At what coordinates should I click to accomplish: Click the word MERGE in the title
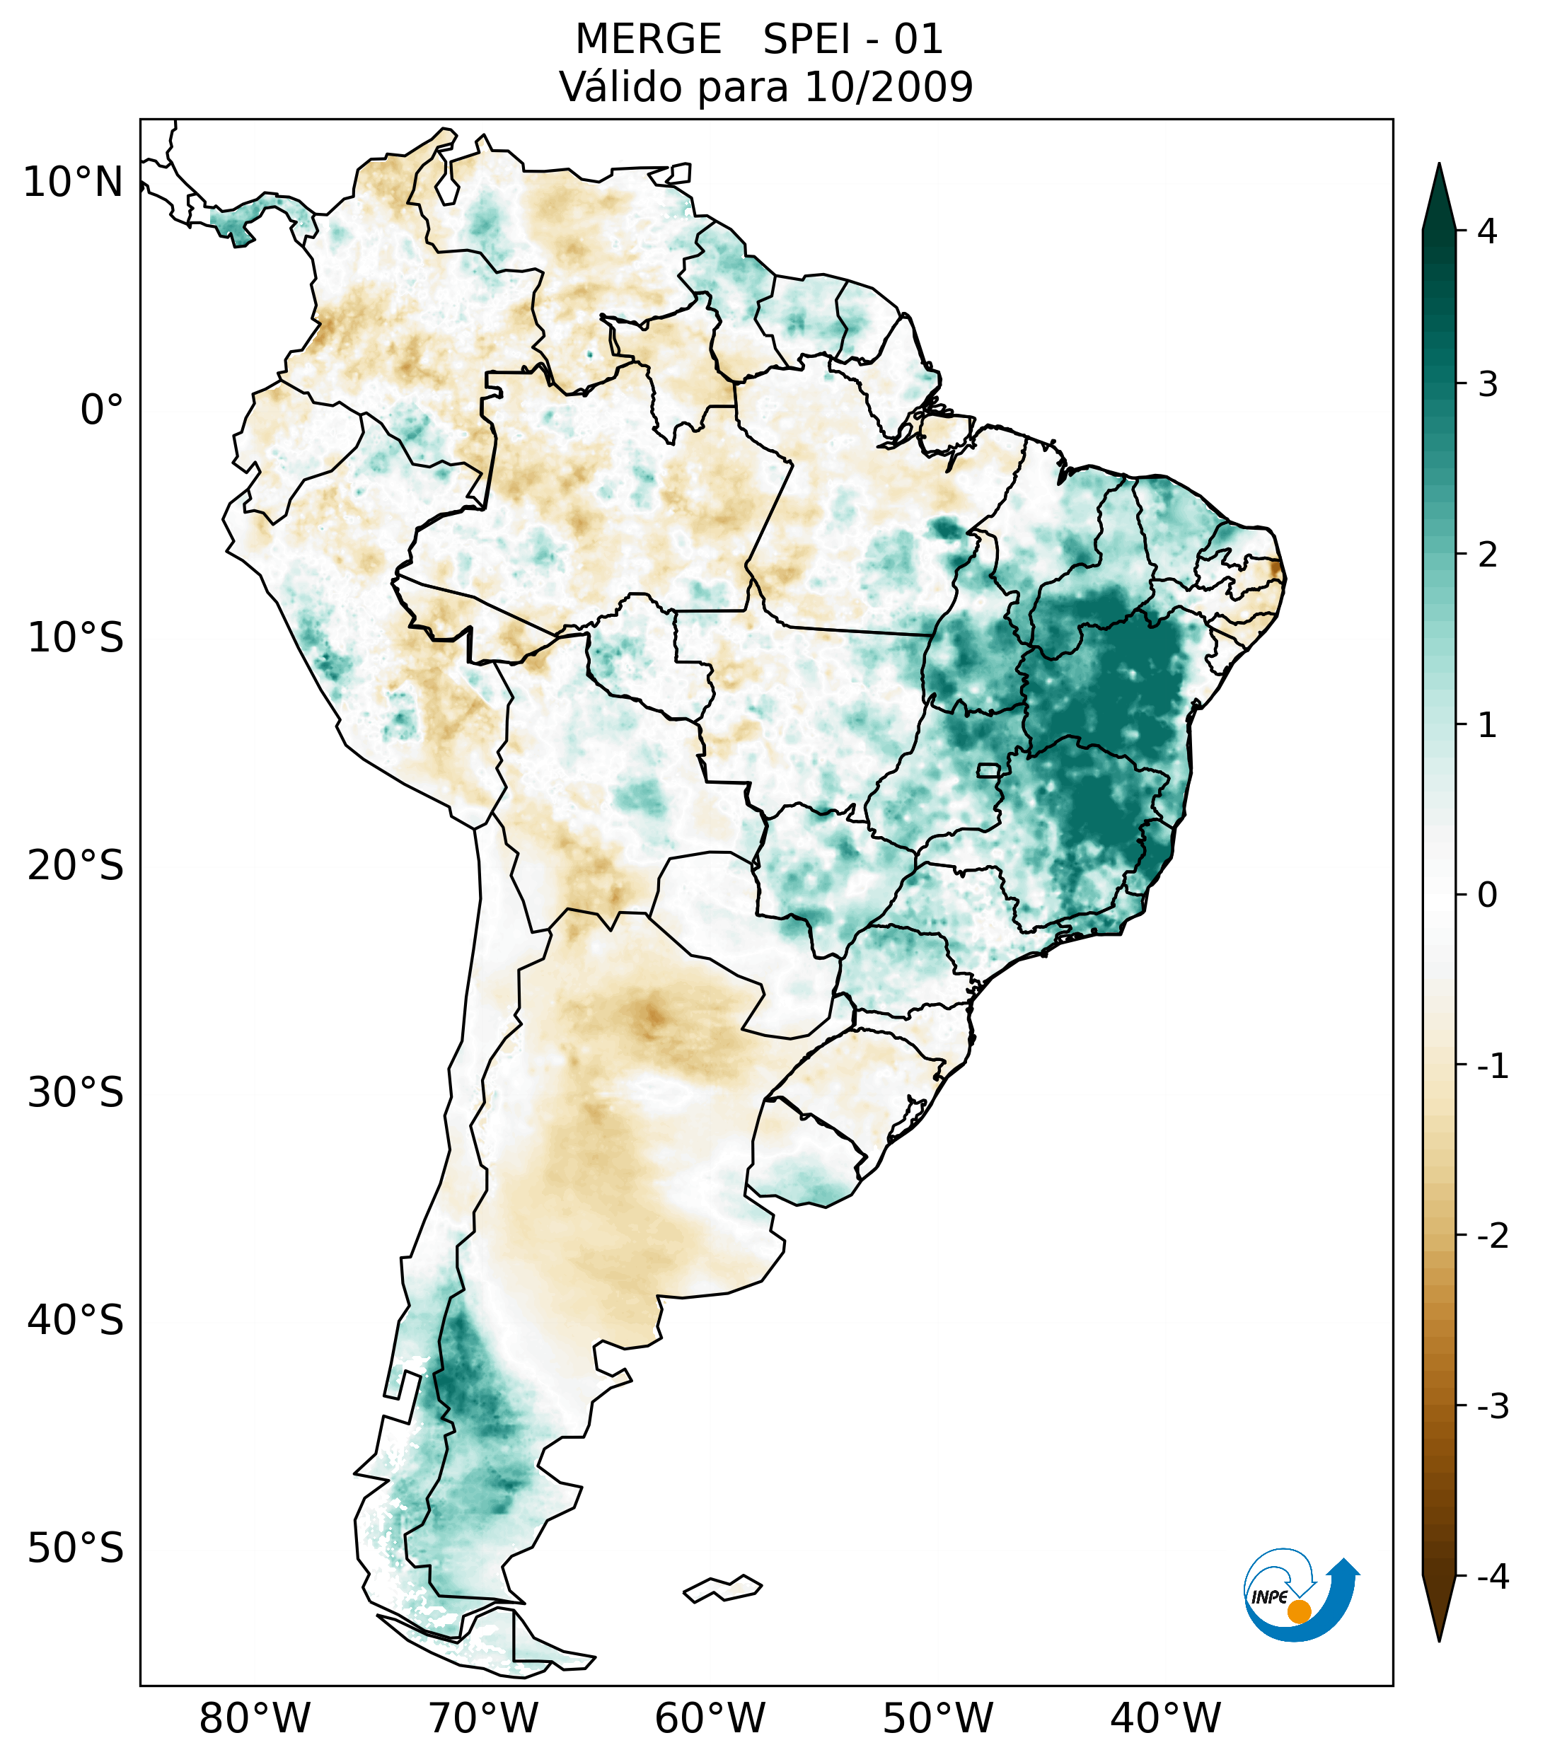pyautogui.click(x=648, y=40)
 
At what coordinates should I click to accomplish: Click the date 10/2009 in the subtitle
pyautogui.click(x=888, y=87)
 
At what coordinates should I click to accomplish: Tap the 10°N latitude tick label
pyautogui.click(x=74, y=182)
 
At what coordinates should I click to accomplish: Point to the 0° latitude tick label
pyautogui.click(x=102, y=410)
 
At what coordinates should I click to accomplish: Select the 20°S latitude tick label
pyautogui.click(x=76, y=866)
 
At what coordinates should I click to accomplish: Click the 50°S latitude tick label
pyautogui.click(x=76, y=1549)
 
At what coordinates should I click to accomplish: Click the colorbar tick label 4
pyautogui.click(x=1487, y=231)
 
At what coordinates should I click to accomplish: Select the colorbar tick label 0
pyautogui.click(x=1487, y=896)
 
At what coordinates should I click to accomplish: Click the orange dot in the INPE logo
pyautogui.click(x=1298, y=1611)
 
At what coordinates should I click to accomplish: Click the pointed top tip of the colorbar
pyautogui.click(x=1439, y=166)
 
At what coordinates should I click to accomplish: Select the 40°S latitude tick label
pyautogui.click(x=76, y=1321)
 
